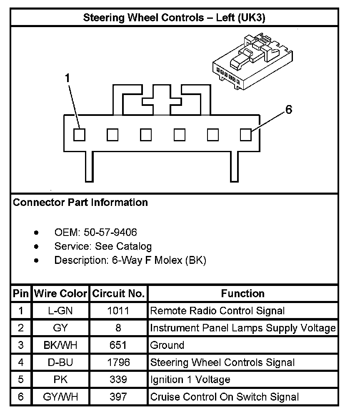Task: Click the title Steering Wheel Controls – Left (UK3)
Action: coord(174,18)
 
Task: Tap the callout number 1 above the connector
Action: coord(67,78)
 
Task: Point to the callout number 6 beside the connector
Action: coord(288,110)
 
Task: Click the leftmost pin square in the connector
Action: coord(79,135)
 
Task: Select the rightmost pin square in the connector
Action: coord(246,135)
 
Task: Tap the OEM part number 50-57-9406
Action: coord(110,232)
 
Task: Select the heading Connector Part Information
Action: coord(80,203)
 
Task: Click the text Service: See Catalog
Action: coord(103,246)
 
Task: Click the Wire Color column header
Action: coord(61,293)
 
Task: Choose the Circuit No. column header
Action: coord(118,293)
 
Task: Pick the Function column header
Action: coord(242,293)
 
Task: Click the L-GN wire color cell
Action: coord(61,311)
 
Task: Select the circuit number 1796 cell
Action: coord(118,362)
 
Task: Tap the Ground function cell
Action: coord(167,345)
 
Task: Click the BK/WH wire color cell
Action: coord(61,345)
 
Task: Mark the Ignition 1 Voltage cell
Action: coord(190,380)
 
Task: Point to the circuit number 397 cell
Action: coord(118,397)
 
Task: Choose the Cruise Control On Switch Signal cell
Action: coord(224,397)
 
